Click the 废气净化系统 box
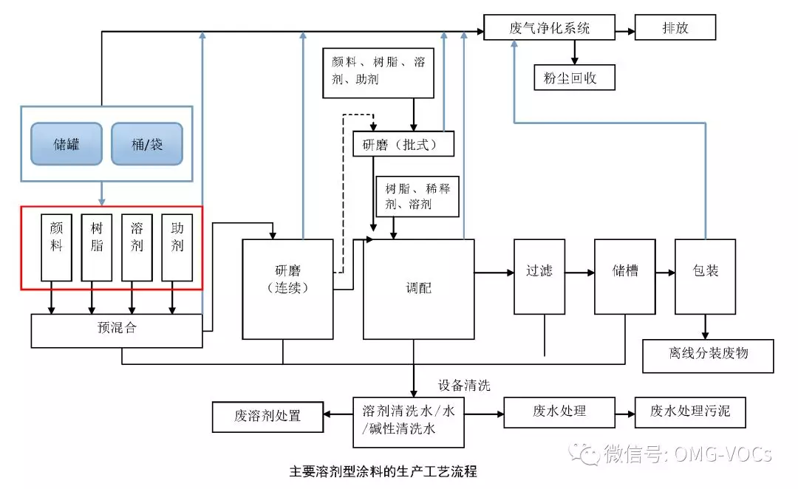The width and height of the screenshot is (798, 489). pos(549,27)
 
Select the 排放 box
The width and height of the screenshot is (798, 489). pos(675,27)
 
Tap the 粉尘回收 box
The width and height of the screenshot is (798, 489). pos(575,78)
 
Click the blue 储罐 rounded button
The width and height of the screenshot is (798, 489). pos(66,144)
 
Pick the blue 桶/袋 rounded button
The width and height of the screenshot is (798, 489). pos(147,144)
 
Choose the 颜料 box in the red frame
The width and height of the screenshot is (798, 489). pos(56,247)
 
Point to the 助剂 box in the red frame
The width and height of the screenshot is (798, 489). pos(177,247)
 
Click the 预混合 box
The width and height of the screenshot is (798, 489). pos(117,331)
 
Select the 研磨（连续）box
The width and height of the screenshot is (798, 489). pos(288,289)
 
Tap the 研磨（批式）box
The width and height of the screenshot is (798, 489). pos(403,144)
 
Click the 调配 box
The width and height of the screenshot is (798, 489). pos(419,289)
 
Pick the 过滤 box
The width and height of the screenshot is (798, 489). pos(539,277)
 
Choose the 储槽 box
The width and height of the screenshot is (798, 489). pos(625,277)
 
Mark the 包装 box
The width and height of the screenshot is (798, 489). pos(706,277)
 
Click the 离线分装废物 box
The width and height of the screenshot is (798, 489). pos(708,356)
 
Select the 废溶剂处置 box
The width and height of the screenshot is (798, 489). pos(267,417)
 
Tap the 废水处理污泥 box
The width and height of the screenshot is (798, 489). pos(690,412)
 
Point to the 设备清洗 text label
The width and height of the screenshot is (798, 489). pos(464,385)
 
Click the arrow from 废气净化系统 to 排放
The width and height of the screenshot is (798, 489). pos(625,32)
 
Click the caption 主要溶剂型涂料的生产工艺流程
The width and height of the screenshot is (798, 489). pos(383,472)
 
